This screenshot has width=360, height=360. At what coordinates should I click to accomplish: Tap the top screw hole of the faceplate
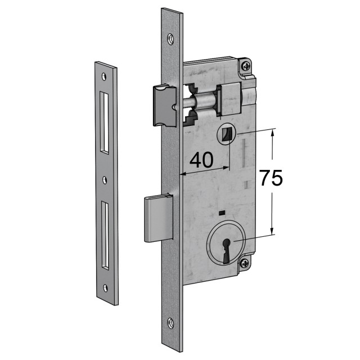(170, 38)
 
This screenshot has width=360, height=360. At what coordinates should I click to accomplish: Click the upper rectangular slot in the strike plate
(105, 123)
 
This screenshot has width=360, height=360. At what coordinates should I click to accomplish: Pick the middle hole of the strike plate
(105, 179)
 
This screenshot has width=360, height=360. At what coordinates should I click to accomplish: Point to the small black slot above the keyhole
(222, 212)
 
